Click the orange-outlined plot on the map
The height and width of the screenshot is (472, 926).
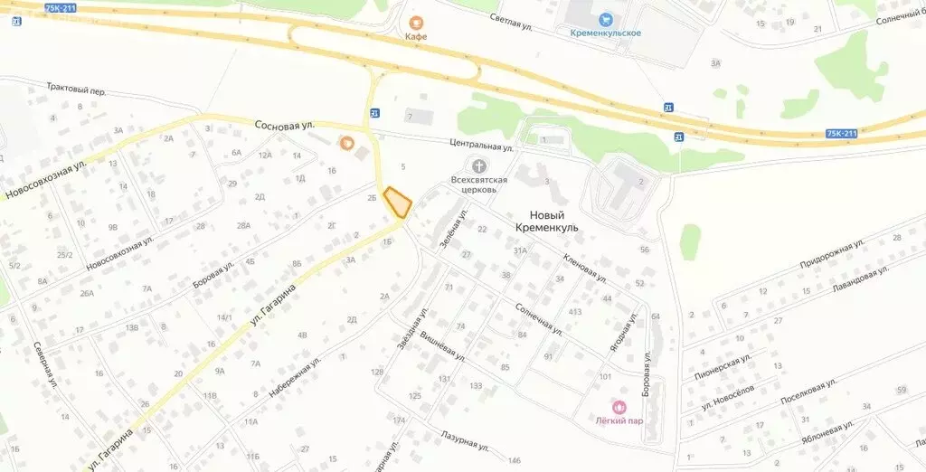pos(397,202)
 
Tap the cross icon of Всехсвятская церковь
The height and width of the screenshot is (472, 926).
pos(478,165)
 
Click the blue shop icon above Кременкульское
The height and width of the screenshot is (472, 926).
pos(606,18)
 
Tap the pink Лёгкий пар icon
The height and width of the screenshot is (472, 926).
pos(619,406)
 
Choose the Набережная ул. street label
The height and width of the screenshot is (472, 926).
pos(295,378)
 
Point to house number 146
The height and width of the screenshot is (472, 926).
pos(515,461)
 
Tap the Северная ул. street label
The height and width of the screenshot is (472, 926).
pos(46,367)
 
